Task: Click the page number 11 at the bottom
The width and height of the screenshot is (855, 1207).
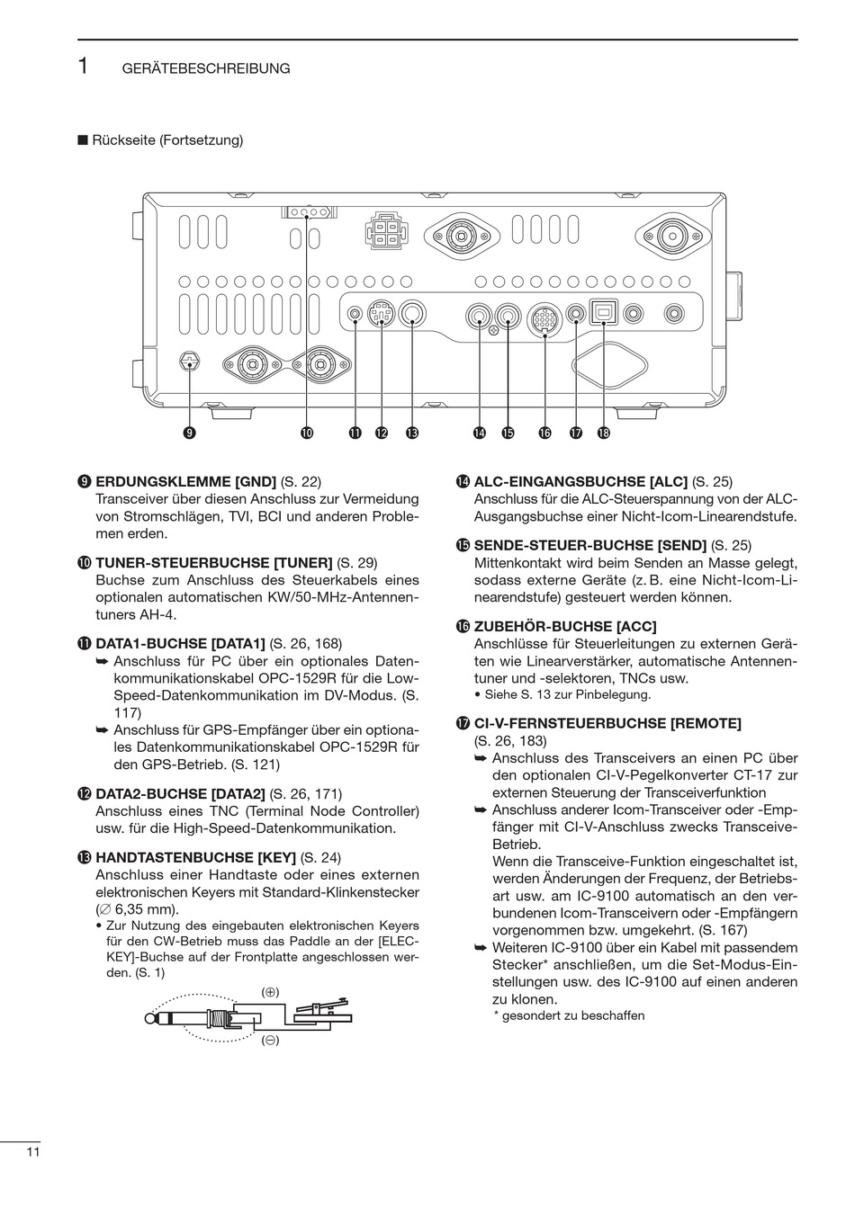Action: point(33,1152)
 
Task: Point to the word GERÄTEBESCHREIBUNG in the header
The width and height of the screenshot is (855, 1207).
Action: point(206,68)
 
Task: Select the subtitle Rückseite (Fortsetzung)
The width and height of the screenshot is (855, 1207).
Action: point(166,140)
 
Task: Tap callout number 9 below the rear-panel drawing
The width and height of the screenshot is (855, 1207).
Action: point(189,434)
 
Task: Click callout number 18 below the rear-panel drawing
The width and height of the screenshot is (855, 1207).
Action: point(603,434)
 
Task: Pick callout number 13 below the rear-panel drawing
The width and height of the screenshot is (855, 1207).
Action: point(412,434)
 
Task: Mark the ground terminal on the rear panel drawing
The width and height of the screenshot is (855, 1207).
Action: point(189,362)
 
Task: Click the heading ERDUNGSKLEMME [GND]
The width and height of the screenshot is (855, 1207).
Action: point(185,481)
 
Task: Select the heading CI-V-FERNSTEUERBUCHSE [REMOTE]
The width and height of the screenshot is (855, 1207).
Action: point(607,723)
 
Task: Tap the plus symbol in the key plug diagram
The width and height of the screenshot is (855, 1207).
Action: point(270,991)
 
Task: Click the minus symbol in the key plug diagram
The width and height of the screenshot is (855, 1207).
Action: point(270,1041)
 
